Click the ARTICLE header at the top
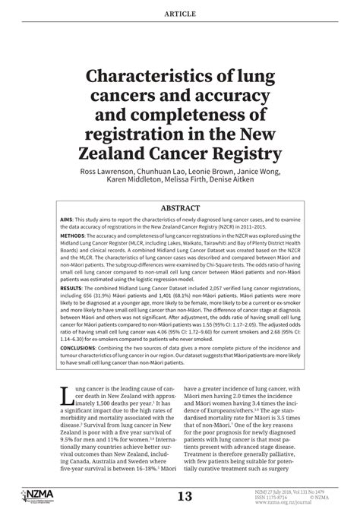click(179, 14)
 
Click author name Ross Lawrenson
click(113, 172)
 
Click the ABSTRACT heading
click(180, 207)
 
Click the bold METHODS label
click(76, 237)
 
